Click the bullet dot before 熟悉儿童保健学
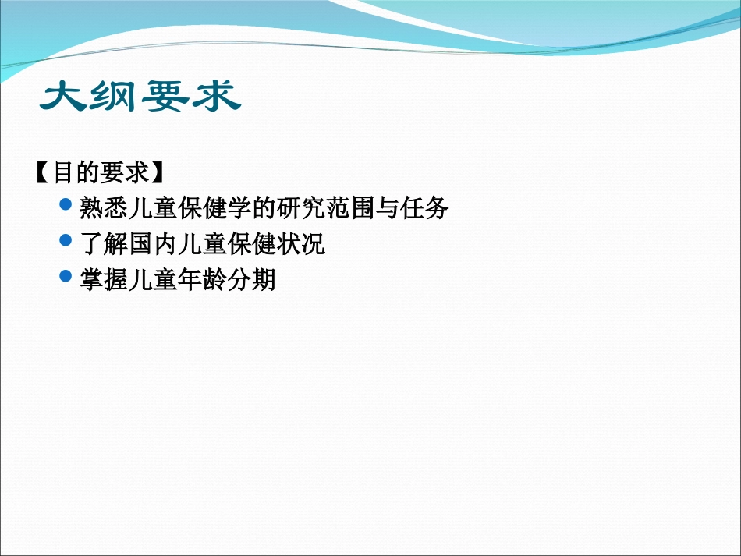(x=66, y=205)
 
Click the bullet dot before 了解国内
(x=66, y=241)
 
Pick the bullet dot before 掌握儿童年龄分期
(x=66, y=276)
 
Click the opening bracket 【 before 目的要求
(x=44, y=172)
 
